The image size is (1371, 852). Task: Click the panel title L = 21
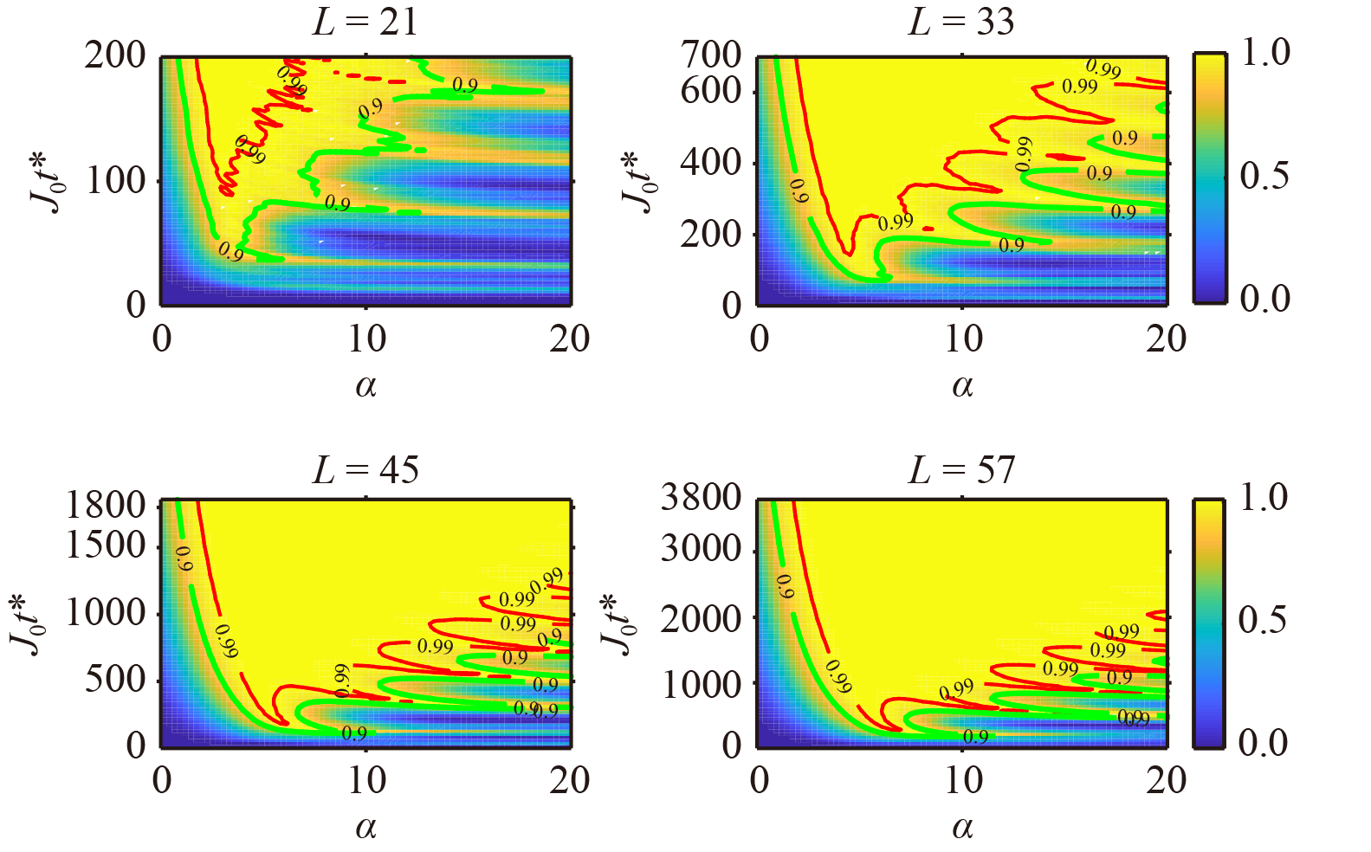[365, 22]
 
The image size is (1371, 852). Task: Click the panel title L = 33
[960, 22]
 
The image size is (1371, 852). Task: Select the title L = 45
[365, 470]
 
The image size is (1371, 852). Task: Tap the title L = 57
[960, 470]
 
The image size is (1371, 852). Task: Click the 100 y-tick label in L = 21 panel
[115, 181]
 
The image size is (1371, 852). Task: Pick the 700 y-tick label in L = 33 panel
[711, 55]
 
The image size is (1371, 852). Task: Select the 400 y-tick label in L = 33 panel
[711, 162]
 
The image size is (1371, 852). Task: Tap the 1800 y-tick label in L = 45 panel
[106, 505]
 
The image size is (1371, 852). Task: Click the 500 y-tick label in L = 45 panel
[115, 680]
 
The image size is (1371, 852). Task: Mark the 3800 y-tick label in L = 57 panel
[702, 498]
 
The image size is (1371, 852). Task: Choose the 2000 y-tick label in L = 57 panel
[702, 618]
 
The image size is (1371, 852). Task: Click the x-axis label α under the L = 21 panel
[365, 385]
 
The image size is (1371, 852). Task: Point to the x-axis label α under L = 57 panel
[962, 828]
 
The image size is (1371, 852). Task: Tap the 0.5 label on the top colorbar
[1264, 176]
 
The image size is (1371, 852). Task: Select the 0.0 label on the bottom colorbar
[1264, 742]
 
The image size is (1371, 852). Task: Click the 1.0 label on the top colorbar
[1265, 53]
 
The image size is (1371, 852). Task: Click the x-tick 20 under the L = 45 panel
[569, 781]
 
